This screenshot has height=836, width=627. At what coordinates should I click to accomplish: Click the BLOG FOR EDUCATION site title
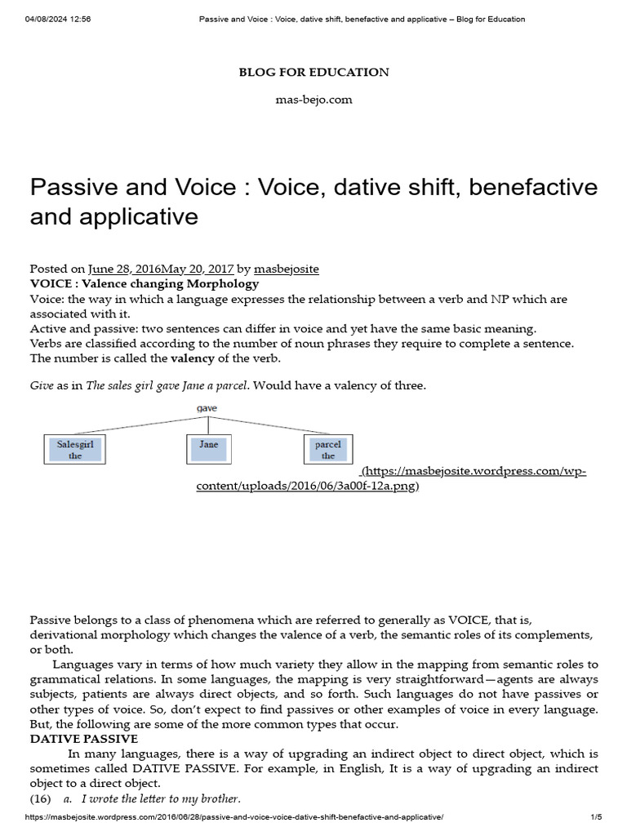[x=313, y=72]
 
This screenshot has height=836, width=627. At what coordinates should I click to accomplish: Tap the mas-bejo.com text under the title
[x=313, y=100]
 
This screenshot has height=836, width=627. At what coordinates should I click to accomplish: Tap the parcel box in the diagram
[x=327, y=450]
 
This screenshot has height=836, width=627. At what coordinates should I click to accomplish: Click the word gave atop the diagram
[x=207, y=408]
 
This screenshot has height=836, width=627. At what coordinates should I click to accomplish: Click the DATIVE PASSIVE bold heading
[x=84, y=739]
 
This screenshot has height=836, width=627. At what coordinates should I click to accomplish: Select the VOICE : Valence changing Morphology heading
[x=144, y=284]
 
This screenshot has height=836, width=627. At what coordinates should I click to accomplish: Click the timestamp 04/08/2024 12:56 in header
[x=58, y=19]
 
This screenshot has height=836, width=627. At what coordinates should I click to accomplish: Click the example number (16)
[x=41, y=798]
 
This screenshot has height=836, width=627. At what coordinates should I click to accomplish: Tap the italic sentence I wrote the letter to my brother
[x=161, y=798]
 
